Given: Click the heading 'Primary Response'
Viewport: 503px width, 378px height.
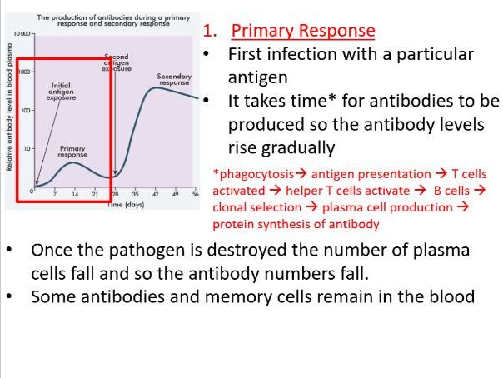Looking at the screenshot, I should pyautogui.click(x=303, y=32).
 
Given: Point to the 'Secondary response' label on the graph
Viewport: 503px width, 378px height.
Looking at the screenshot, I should pyautogui.click(x=174, y=79).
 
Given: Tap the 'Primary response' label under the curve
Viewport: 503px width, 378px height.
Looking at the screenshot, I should pyautogui.click(x=72, y=151).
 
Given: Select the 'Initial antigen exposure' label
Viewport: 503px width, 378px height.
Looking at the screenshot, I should pyautogui.click(x=60, y=90).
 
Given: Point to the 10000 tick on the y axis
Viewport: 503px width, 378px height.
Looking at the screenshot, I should pyautogui.click(x=17, y=33).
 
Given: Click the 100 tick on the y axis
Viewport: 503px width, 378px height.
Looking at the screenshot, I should pyautogui.click(x=25, y=110).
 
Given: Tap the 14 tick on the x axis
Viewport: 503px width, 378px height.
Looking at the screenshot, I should pyautogui.click(x=75, y=193).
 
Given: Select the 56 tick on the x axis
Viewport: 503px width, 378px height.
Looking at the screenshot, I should pyautogui.click(x=195, y=193).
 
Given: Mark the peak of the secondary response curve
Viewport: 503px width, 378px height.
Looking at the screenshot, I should pyautogui.click(x=157, y=87).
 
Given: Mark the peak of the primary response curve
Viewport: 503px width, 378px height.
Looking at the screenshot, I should pyautogui.click(x=73, y=163).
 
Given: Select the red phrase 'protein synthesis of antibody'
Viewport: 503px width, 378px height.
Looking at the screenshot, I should pyautogui.click(x=296, y=224).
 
